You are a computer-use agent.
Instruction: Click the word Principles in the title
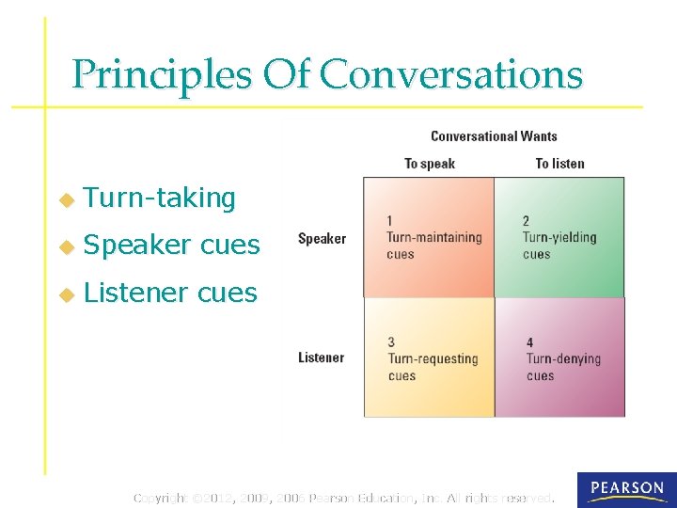pos(161,74)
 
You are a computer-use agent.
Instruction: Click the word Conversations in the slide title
pos(451,74)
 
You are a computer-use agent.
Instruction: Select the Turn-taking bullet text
pos(159,198)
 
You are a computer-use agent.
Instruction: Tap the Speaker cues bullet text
pos(171,245)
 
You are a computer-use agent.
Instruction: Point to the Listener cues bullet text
pos(170,293)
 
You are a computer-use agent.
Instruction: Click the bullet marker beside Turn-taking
pos(66,199)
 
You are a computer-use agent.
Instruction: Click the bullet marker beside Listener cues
pos(66,294)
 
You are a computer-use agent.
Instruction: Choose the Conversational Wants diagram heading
pos(494,136)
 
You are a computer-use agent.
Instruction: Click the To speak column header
pos(429,164)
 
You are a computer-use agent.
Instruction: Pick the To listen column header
pos(559,164)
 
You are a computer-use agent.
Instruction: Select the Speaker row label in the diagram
pos(322,239)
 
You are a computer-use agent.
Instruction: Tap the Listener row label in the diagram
pos(321,357)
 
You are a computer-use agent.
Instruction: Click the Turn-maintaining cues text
pos(433,246)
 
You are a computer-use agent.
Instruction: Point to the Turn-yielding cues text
pos(559,246)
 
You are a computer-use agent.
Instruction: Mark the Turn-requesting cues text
pos(433,367)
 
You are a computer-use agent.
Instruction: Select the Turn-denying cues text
pos(562,367)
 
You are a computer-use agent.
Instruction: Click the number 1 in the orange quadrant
pos(390,221)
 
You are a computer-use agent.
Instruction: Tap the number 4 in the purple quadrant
pos(530,342)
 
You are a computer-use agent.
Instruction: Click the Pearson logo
pos(626,489)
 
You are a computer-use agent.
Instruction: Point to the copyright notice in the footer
pos(344,497)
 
